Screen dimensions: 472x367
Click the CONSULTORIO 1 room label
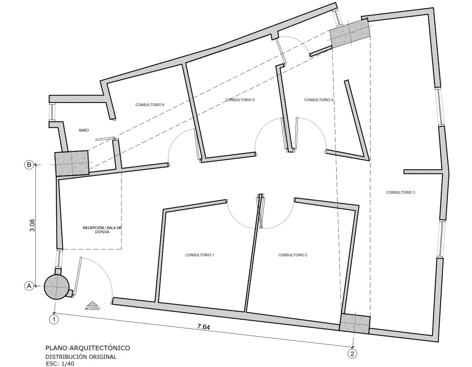[x=199, y=255]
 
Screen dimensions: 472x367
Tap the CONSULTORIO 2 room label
[x=293, y=255]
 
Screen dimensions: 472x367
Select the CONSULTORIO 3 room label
[x=400, y=192]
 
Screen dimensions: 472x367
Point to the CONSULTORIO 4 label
[x=319, y=100]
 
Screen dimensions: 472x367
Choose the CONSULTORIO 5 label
[x=240, y=100]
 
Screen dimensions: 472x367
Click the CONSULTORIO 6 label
[x=150, y=105]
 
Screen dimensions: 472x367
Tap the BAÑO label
[x=84, y=130]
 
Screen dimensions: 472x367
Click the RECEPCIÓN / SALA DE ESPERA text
[x=103, y=230]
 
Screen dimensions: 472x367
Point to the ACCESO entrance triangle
[x=93, y=303]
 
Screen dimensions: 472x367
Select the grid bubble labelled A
[x=29, y=285]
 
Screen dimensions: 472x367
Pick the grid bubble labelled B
[x=29, y=165]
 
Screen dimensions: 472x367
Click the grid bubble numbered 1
[x=54, y=319]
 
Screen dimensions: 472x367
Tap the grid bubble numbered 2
[x=352, y=354]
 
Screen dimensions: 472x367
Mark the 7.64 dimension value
[x=203, y=327]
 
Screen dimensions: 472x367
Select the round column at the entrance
[x=57, y=287]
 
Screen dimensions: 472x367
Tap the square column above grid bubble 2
[x=354, y=323]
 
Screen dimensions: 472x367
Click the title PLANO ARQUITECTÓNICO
[x=88, y=348]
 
